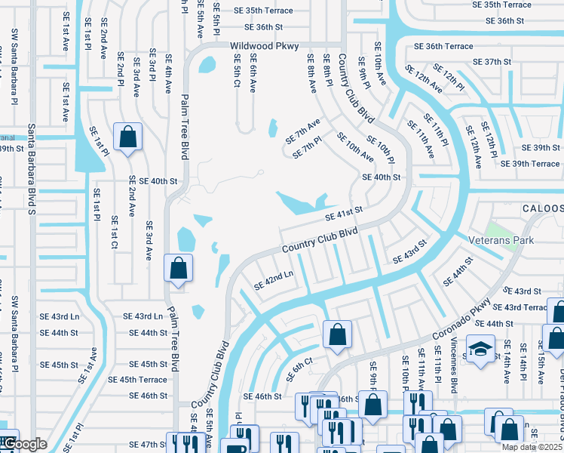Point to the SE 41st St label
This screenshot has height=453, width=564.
(x=344, y=214)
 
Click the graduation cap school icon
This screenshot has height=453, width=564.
(x=479, y=350)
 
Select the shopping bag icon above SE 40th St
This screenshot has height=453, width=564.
(x=127, y=137)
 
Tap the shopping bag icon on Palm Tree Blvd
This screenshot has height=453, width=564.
(x=178, y=268)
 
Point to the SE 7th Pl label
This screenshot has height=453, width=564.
(x=308, y=146)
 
